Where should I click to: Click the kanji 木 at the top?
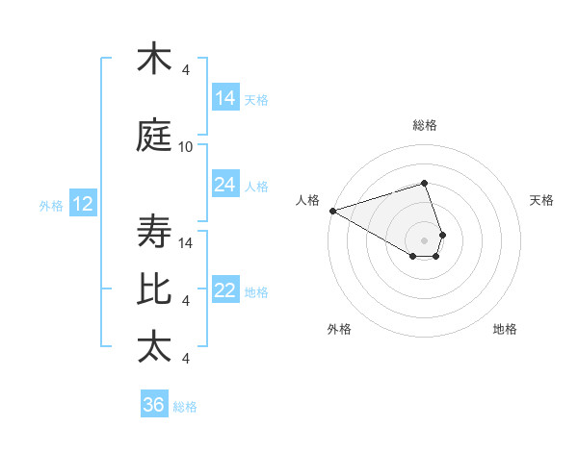coord(154,60)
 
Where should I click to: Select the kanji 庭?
coord(154,138)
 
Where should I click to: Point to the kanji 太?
coord(154,347)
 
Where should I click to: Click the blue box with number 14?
coord(225,97)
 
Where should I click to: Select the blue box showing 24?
coord(225,185)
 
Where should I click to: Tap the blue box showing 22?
coord(225,290)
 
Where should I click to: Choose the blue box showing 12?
coord(82,204)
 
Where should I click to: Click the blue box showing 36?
coord(154,405)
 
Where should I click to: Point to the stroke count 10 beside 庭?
coord(186,147)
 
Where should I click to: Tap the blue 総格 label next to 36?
coord(186,407)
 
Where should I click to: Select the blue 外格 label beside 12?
coord(51,205)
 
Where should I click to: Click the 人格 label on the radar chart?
coord(308,200)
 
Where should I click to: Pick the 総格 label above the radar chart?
coord(425,125)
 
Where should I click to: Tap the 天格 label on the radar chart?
coord(542,200)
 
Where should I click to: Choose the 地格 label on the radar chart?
coord(505,329)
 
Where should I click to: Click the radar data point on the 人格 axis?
coord(332,211)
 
